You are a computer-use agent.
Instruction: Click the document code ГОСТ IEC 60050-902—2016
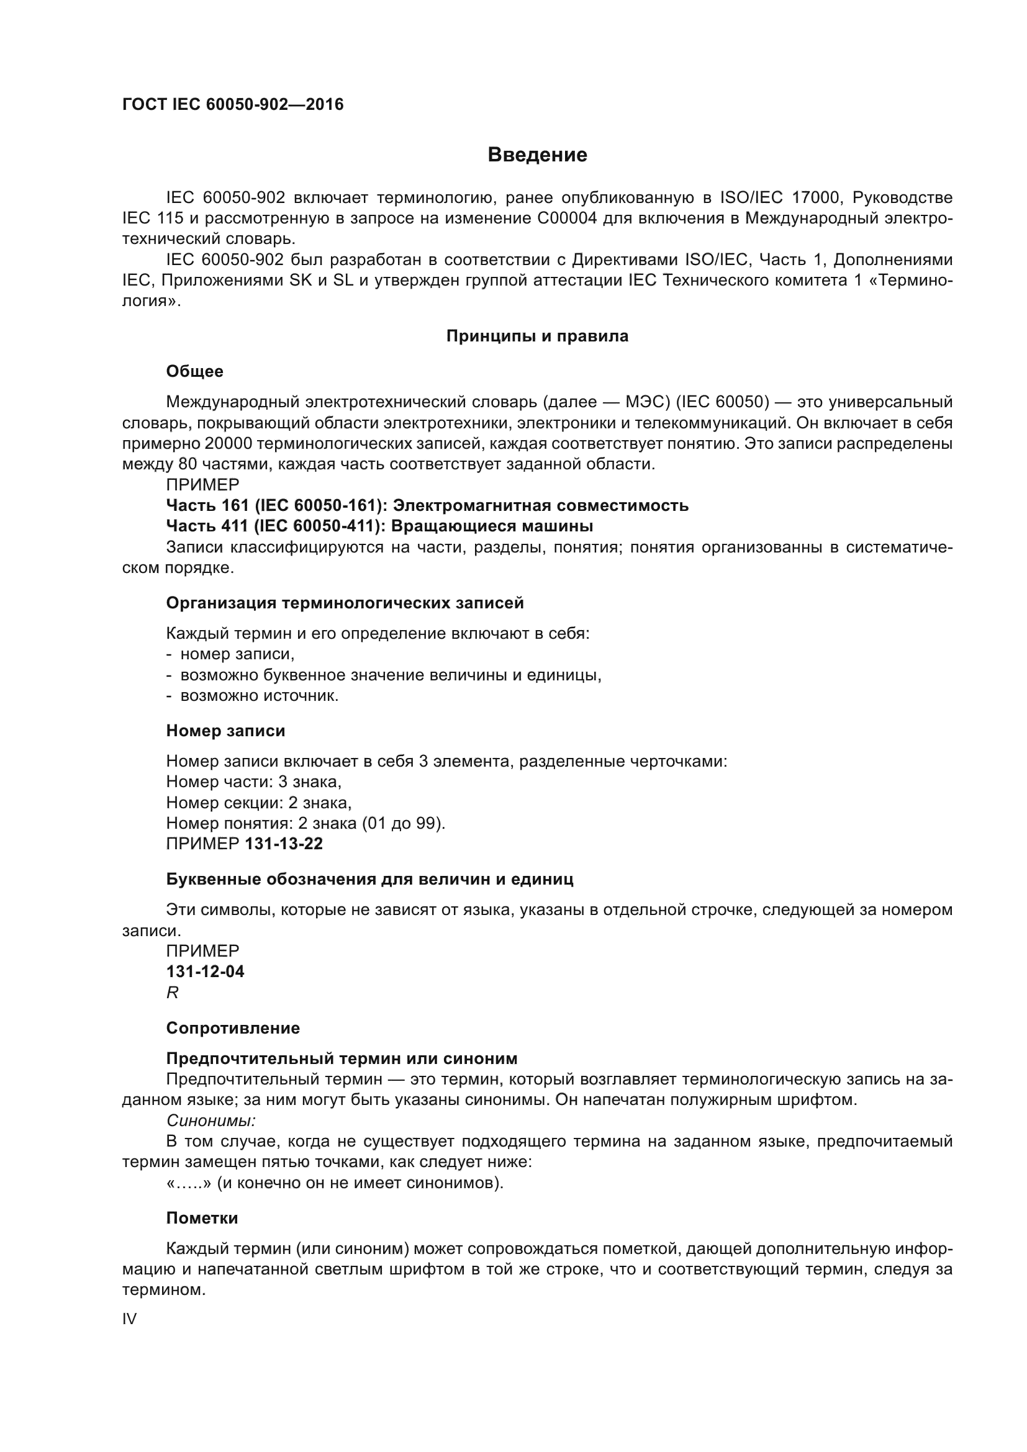click(x=233, y=104)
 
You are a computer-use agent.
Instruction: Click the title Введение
click(x=537, y=155)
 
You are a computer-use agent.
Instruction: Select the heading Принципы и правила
click(x=537, y=336)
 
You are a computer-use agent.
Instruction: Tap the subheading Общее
click(x=195, y=371)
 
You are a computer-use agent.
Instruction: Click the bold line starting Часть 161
click(x=427, y=505)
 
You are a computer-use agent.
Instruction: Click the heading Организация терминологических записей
click(x=345, y=603)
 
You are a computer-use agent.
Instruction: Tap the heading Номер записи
click(x=226, y=731)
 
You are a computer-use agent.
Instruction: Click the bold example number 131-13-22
click(x=284, y=844)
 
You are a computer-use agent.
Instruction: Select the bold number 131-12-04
click(x=205, y=972)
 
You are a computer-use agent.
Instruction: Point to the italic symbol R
click(x=172, y=993)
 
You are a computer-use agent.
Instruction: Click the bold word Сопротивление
click(x=233, y=1027)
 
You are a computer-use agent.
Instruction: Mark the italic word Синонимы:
click(x=210, y=1121)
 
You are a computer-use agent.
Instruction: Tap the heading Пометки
click(x=202, y=1218)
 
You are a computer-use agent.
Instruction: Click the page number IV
click(x=130, y=1319)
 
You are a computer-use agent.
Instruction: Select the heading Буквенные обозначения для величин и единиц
click(x=369, y=879)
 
